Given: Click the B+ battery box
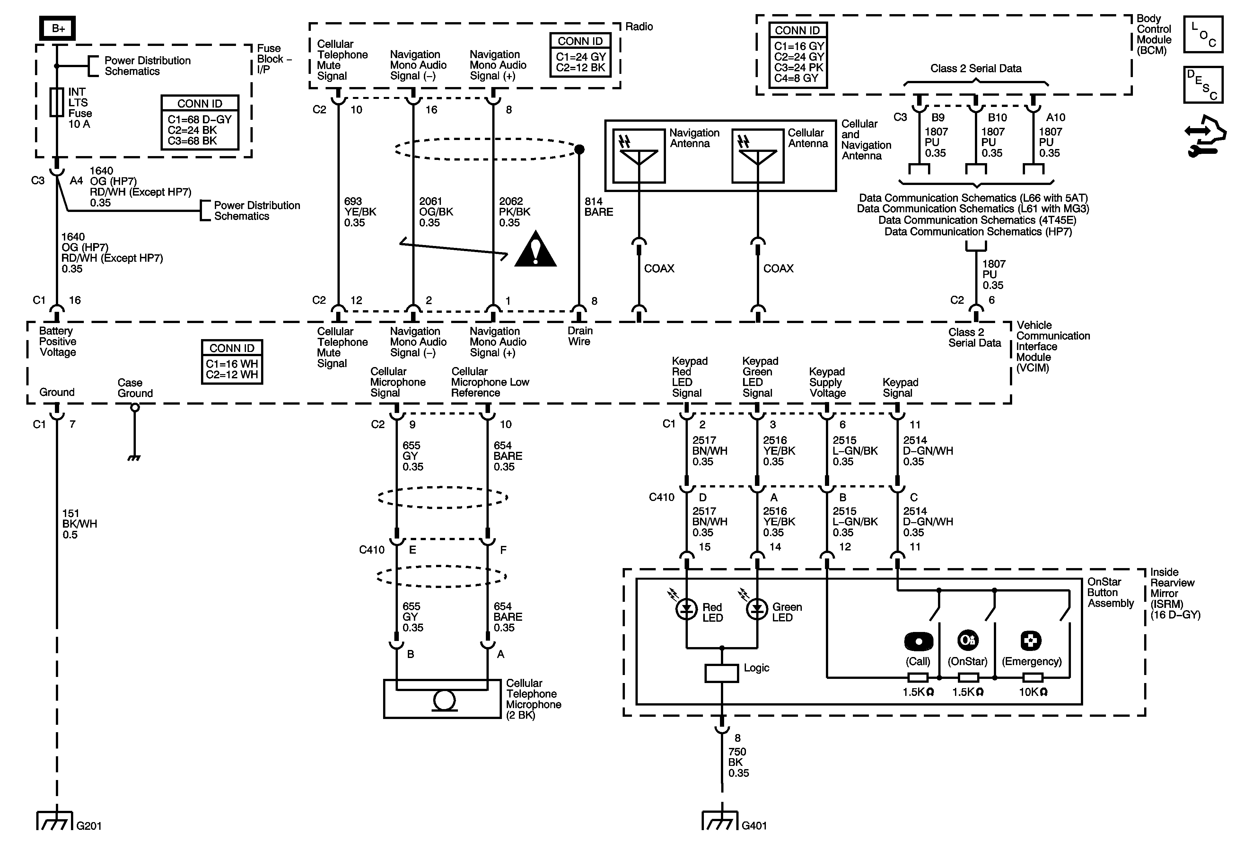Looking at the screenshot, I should pos(57,28).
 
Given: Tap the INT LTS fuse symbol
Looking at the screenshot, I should pos(57,102).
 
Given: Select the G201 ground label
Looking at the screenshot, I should pos(89,825).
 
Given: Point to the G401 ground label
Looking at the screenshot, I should pos(754,825).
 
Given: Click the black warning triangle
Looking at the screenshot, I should pos(535,250).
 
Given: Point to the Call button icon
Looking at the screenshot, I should pos(918,641).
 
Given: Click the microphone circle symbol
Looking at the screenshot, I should pos(444,700).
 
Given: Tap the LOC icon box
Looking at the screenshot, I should pos(1203,34).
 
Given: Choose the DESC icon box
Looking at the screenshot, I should pos(1203,84).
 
